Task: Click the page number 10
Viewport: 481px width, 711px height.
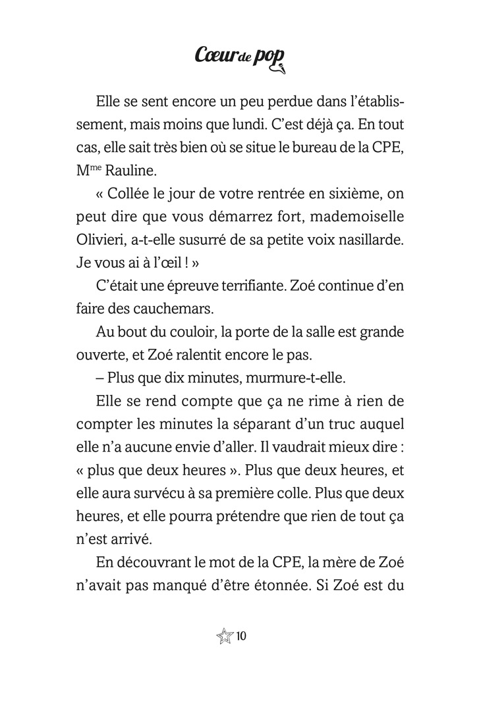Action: [240, 636]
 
